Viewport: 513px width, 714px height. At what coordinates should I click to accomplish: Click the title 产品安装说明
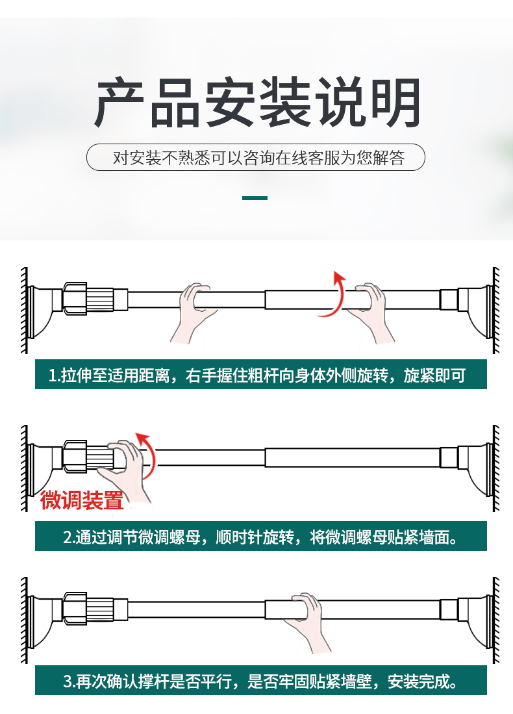coord(257,103)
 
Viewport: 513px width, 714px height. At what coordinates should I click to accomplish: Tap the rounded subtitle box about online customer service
coord(256,158)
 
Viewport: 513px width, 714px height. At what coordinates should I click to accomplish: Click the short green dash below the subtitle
coord(255,198)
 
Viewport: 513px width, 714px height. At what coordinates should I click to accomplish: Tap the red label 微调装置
coord(82,500)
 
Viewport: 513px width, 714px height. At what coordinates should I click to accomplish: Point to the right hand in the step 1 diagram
coord(371,313)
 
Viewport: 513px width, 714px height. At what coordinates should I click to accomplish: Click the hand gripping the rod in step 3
coord(306,623)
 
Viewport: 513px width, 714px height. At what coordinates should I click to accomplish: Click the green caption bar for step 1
coord(261,374)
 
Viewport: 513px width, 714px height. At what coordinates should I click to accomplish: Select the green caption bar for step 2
coord(261,536)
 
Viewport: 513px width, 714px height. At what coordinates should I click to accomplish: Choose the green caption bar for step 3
coord(261,680)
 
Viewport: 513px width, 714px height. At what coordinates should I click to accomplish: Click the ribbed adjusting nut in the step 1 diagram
coord(88,299)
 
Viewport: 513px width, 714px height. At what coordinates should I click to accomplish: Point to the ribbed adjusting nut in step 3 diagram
coord(88,608)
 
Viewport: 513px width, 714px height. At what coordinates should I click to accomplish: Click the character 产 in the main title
coord(120,103)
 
